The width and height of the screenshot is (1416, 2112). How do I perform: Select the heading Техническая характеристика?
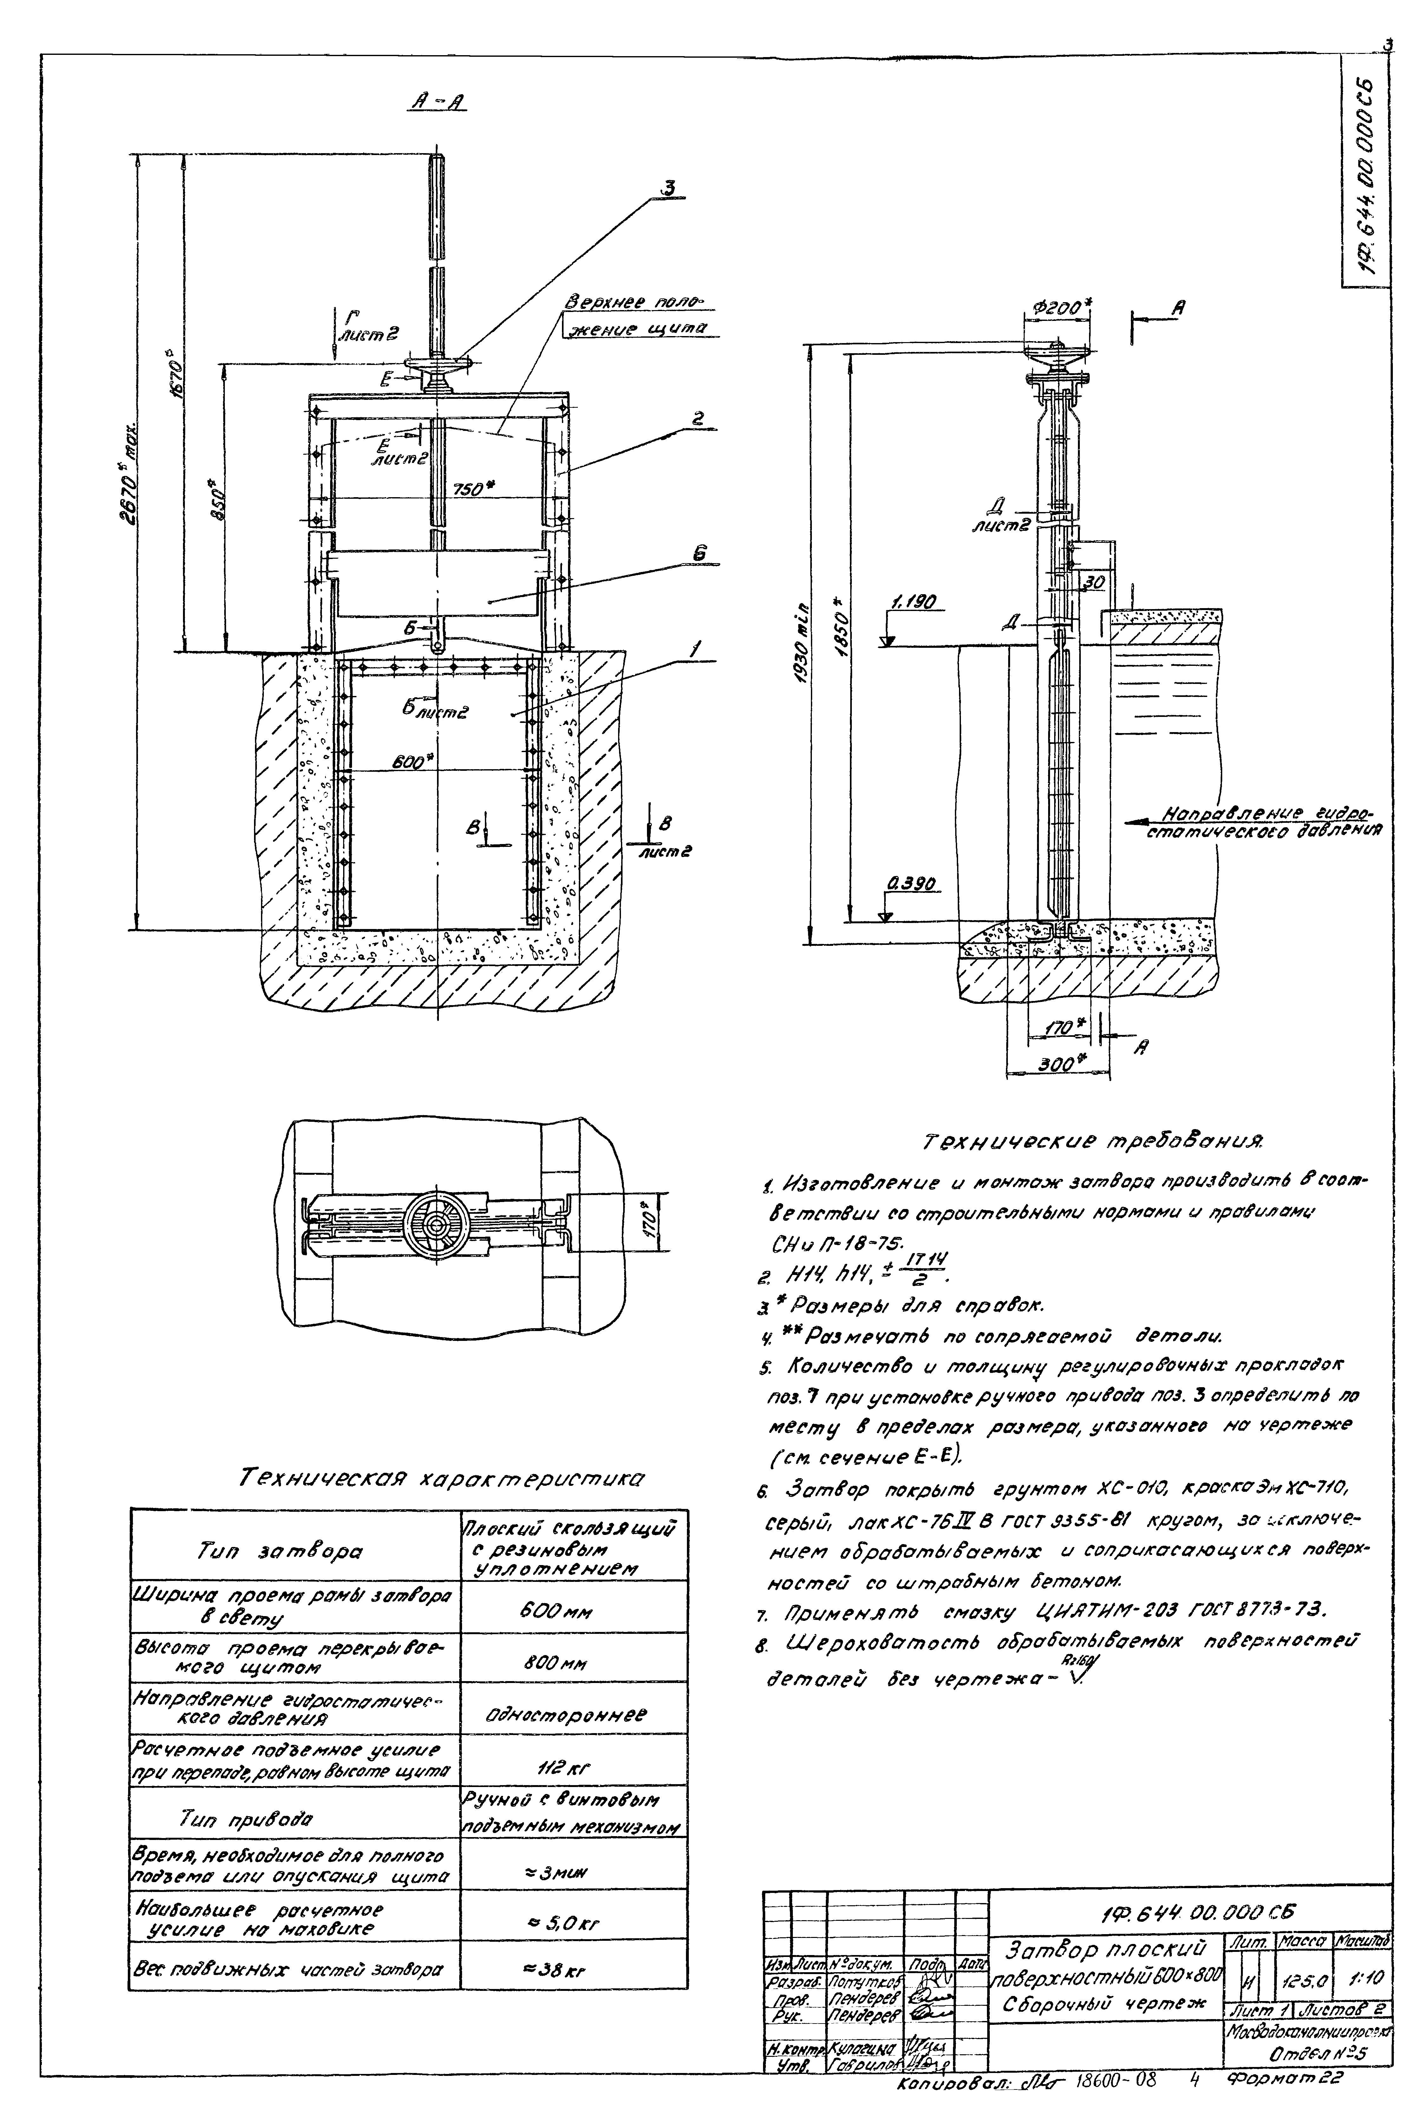pos(442,1478)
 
